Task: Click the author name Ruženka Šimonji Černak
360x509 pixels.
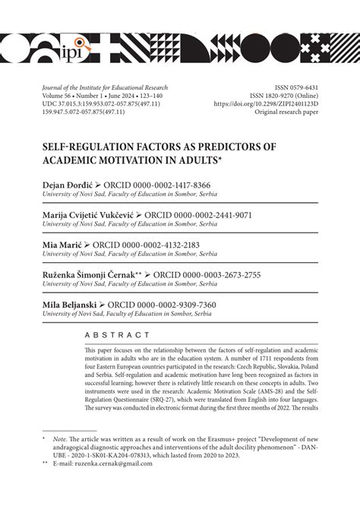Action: pyautogui.click(x=87, y=274)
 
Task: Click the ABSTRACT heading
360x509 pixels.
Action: pyautogui.click(x=118, y=335)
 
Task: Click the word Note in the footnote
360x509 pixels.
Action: pyautogui.click(x=44, y=459)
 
